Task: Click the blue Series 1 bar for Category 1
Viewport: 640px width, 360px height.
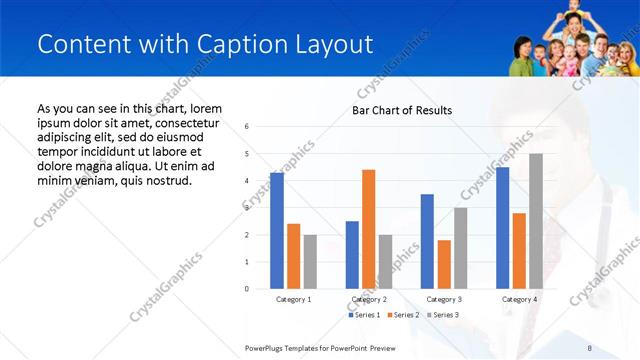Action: tap(276, 231)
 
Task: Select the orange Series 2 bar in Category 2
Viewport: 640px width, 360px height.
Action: tap(368, 229)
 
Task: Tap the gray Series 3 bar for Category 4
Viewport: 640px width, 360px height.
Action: tap(536, 221)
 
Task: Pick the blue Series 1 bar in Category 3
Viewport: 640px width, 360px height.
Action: tap(427, 241)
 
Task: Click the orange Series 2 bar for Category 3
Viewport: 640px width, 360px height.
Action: tap(444, 264)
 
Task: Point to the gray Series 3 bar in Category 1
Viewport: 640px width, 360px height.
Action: tap(310, 262)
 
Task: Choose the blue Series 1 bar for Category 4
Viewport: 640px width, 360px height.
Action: tap(502, 228)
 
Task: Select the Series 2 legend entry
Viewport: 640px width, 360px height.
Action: tap(403, 315)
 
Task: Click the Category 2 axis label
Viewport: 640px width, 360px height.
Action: tap(369, 299)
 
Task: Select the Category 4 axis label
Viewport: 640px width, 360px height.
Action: tap(519, 299)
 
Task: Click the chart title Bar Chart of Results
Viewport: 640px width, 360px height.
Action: tap(402, 110)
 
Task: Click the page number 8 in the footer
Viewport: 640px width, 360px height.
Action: tap(589, 347)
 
